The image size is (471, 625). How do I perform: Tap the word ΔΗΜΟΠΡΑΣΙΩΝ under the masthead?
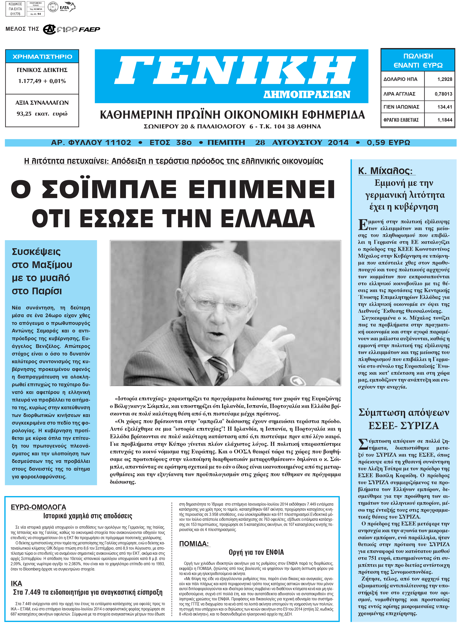coord(307,94)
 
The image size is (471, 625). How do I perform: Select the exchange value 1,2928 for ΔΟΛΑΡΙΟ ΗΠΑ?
coord(444,79)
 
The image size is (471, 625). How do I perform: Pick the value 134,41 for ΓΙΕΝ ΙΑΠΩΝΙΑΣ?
coord(444,107)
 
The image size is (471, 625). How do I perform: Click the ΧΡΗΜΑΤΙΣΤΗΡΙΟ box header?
coord(42,57)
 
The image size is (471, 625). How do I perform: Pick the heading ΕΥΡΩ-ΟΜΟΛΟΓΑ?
coord(38,507)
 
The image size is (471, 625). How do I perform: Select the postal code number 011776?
coord(15,14)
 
